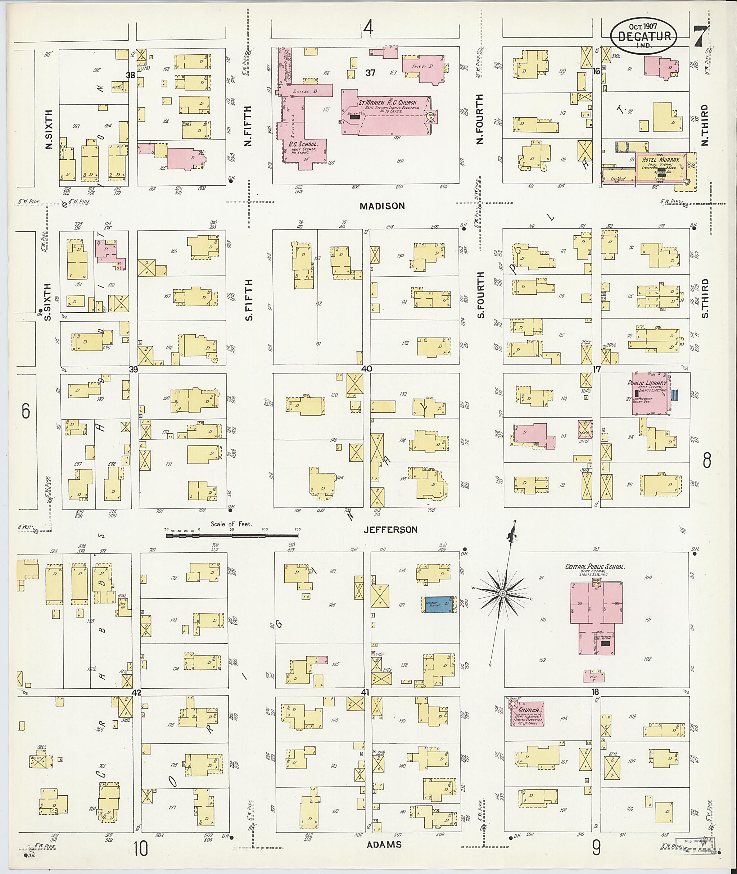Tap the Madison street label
point(382,206)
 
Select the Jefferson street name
point(390,530)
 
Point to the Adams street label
point(384,844)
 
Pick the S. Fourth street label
point(481,295)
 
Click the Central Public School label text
point(594,567)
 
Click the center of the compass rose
point(503,593)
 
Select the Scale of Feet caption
point(231,524)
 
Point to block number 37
point(370,73)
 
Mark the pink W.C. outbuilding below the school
point(594,676)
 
